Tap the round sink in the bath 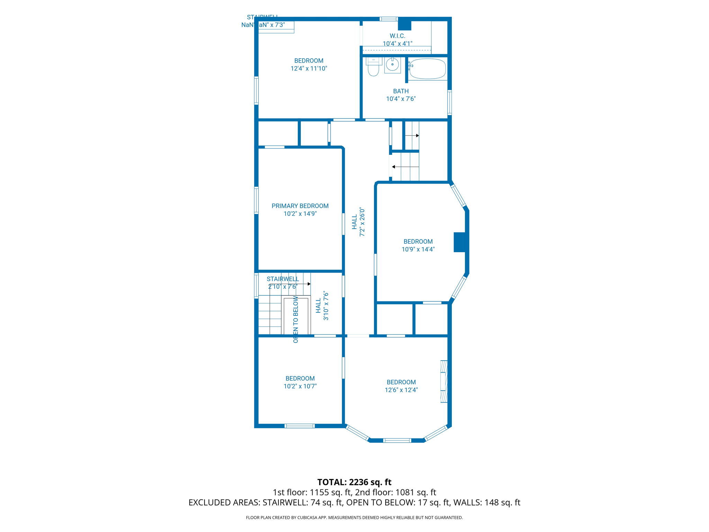[x=392, y=64]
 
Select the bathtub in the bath [x=427, y=69]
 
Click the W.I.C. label [x=397, y=36]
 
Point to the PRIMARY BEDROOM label [x=300, y=206]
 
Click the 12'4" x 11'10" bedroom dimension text [x=308, y=69]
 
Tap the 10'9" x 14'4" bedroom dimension [x=418, y=249]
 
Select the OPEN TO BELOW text [x=296, y=319]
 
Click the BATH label [x=401, y=91]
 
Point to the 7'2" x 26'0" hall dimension [x=362, y=222]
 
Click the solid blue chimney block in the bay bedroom [x=459, y=242]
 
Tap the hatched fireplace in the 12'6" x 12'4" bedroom [x=444, y=381]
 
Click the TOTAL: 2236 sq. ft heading [x=354, y=482]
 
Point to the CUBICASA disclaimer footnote [x=354, y=517]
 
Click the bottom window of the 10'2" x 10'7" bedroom [x=299, y=426]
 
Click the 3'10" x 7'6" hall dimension [x=326, y=306]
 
